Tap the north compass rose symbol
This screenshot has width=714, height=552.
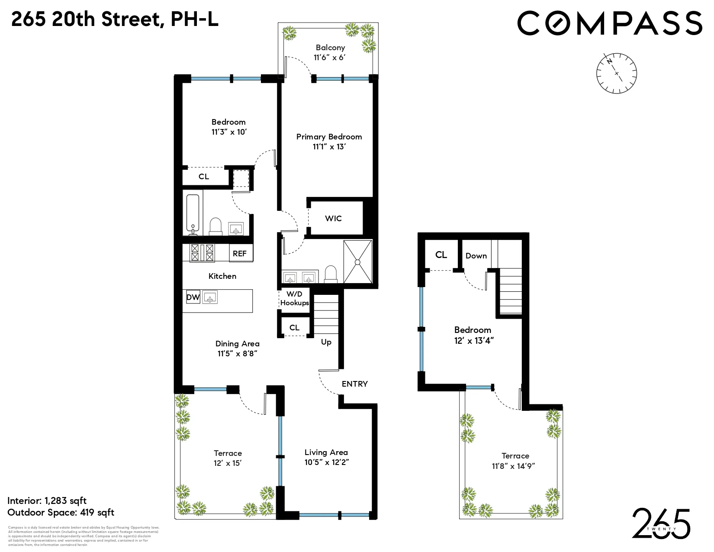tap(617, 73)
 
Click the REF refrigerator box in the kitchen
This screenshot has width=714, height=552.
tap(240, 253)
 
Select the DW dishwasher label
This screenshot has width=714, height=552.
tap(193, 297)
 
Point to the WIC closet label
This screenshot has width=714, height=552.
tap(333, 219)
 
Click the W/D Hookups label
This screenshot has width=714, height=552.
tap(294, 299)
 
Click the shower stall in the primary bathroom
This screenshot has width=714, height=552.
tap(357, 261)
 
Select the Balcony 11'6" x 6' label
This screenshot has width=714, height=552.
tap(330, 52)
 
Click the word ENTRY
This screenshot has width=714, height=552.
tap(354, 384)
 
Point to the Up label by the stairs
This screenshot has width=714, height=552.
tap(326, 342)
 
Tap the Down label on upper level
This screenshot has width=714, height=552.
tap(476, 256)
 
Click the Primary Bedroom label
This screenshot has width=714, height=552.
tap(329, 137)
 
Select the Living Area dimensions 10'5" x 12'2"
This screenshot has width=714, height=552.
tap(326, 462)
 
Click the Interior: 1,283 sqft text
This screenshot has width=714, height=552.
tap(47, 501)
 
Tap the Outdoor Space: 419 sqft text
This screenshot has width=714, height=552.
tap(61, 513)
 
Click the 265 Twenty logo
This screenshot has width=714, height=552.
tap(661, 524)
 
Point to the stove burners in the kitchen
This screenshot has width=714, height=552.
tap(202, 253)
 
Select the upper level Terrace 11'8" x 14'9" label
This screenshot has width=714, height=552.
tap(515, 461)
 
